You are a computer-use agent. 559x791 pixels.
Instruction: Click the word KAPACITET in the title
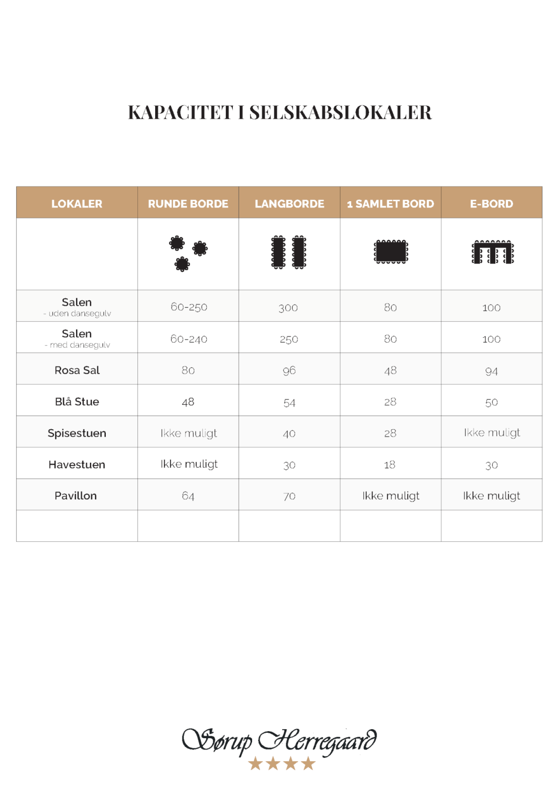180,113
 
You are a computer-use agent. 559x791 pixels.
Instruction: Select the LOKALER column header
77,204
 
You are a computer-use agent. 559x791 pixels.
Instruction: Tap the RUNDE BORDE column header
188,204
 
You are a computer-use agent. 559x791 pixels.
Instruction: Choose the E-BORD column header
491,204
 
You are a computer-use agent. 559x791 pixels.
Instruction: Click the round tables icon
188,253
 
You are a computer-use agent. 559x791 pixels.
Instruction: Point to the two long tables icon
289,252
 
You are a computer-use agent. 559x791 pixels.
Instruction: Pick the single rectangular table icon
390,252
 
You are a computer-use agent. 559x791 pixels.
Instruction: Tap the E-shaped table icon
492,252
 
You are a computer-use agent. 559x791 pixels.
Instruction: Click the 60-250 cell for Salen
189,307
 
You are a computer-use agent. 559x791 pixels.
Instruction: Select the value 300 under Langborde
288,308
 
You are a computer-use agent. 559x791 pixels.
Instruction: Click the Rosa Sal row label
77,370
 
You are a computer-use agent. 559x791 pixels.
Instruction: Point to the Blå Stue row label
77,402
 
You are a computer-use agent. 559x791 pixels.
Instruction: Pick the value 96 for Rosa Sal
289,371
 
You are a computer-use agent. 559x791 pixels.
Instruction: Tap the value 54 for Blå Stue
289,403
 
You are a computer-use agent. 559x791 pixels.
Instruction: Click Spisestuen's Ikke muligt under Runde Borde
189,434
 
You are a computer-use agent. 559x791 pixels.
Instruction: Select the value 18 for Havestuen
389,465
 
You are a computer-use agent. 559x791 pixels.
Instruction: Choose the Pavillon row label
76,496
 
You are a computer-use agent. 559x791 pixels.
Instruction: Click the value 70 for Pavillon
289,496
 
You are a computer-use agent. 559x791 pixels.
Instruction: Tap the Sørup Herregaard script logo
279,741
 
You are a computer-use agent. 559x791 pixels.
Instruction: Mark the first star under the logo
256,764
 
